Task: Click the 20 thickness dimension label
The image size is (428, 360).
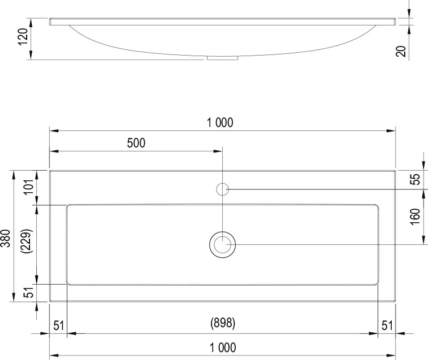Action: (x=401, y=51)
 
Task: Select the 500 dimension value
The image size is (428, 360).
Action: (x=136, y=143)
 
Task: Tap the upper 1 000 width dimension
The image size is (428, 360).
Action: (x=220, y=122)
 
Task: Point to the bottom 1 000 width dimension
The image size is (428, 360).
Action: (x=223, y=348)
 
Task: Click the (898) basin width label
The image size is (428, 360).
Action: (x=223, y=323)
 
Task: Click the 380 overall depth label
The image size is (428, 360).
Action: (x=6, y=238)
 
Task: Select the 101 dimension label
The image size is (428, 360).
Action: (x=29, y=187)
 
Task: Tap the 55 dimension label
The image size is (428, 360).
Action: (x=415, y=179)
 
